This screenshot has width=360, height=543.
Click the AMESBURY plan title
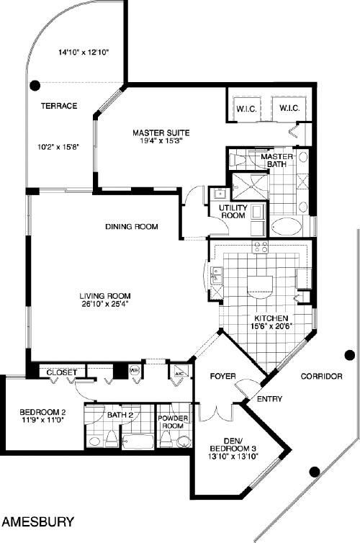[x=38, y=521]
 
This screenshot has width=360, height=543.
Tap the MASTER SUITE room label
[x=161, y=133]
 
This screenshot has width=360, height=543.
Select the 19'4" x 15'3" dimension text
[x=161, y=140]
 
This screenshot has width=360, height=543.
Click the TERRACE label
[x=59, y=106]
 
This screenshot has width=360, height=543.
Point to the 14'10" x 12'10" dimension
[x=84, y=53]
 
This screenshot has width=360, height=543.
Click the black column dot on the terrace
[x=35, y=85]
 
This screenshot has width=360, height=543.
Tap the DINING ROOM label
[x=132, y=226]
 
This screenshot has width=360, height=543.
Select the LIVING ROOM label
[x=105, y=296]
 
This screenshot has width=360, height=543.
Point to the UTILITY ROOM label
[x=233, y=211]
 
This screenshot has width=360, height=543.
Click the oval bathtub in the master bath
[x=287, y=227]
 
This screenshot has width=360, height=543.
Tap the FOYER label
[x=223, y=376]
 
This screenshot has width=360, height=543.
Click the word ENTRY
[x=270, y=399]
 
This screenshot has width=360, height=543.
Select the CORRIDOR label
[x=322, y=376]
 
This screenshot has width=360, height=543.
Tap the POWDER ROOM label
[x=173, y=421]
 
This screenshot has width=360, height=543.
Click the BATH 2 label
[x=120, y=415]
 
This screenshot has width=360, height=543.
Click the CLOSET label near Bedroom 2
[x=62, y=372]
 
